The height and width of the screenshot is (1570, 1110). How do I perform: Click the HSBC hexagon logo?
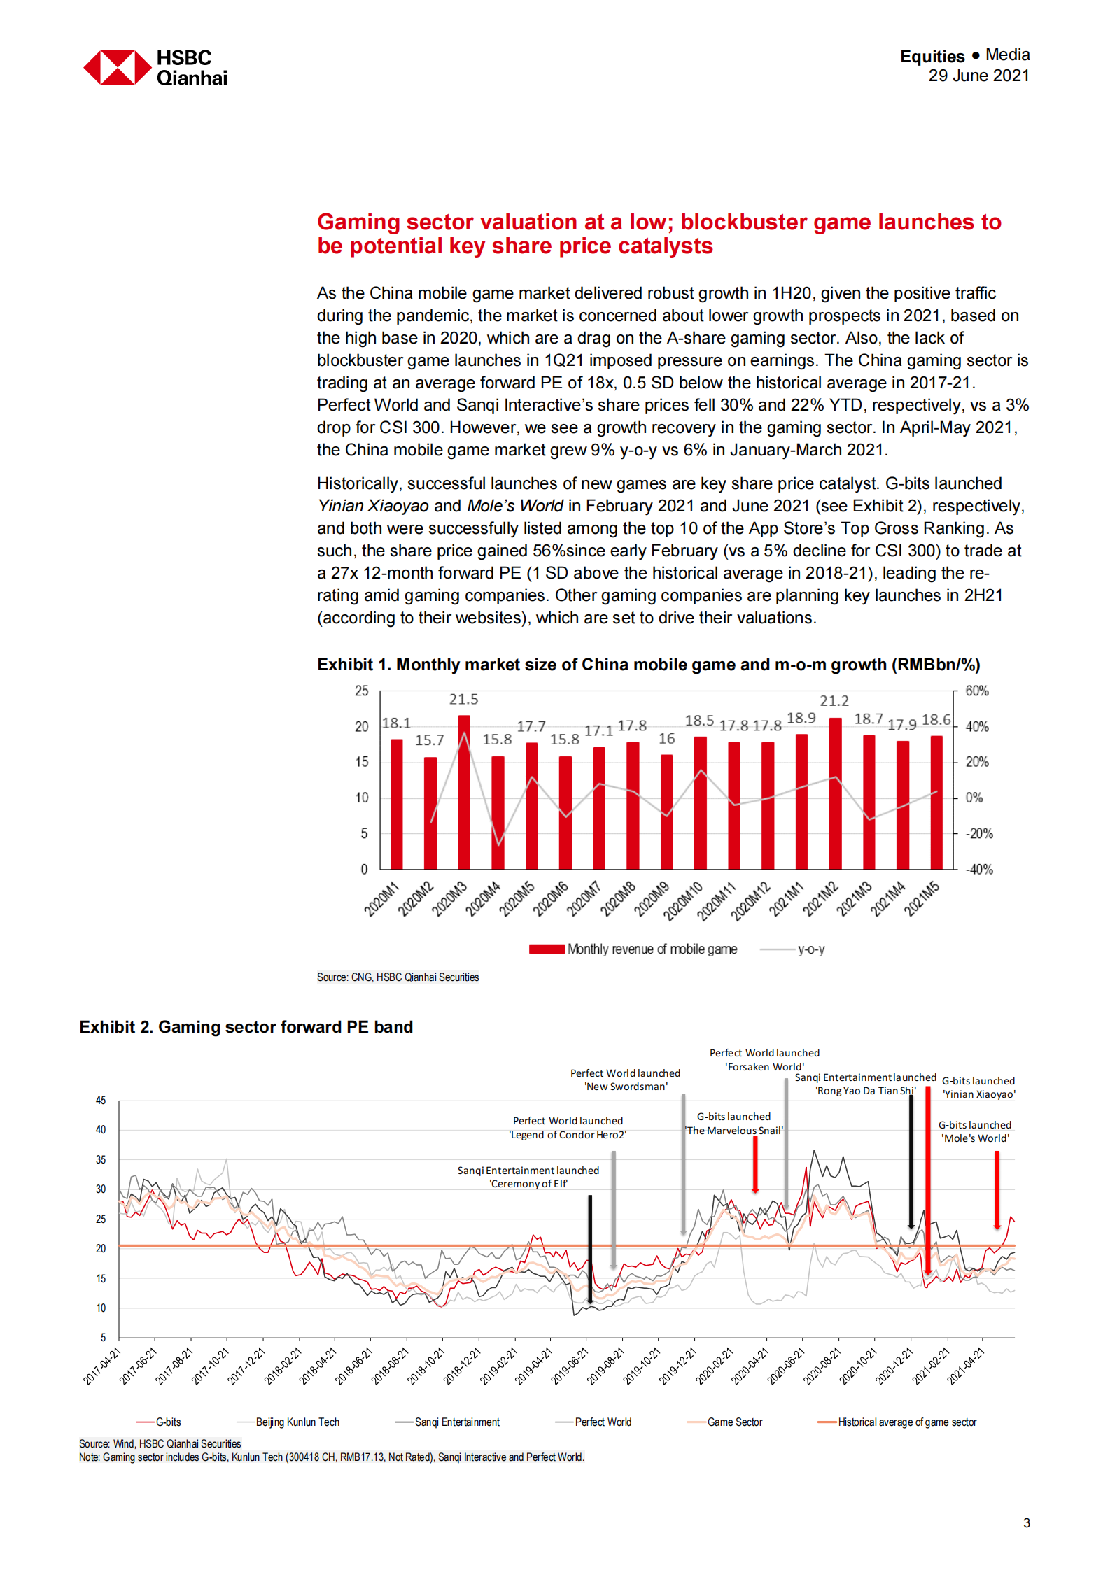coord(117,67)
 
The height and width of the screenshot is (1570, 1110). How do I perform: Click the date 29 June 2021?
coord(978,76)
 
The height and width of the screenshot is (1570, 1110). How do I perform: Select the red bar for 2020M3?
coord(464,792)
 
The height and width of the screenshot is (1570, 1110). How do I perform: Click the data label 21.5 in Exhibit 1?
coord(463,699)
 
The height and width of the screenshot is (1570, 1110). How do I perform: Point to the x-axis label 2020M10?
coord(684,901)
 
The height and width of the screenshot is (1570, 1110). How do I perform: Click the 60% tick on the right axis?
coord(976,691)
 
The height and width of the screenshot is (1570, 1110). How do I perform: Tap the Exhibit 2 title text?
coord(246,1026)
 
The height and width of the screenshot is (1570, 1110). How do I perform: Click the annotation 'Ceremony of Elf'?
coord(528,1184)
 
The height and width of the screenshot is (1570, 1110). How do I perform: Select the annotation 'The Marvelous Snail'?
coord(733,1131)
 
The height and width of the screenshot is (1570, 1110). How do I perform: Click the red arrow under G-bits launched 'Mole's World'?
coord(997,1189)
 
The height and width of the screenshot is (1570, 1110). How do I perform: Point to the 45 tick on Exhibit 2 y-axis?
coord(101,1101)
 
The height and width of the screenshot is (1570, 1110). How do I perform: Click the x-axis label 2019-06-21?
coord(569,1366)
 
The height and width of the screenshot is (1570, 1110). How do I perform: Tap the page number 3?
coord(1026,1522)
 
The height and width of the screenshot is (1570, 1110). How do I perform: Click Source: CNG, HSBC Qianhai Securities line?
coord(398,977)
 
